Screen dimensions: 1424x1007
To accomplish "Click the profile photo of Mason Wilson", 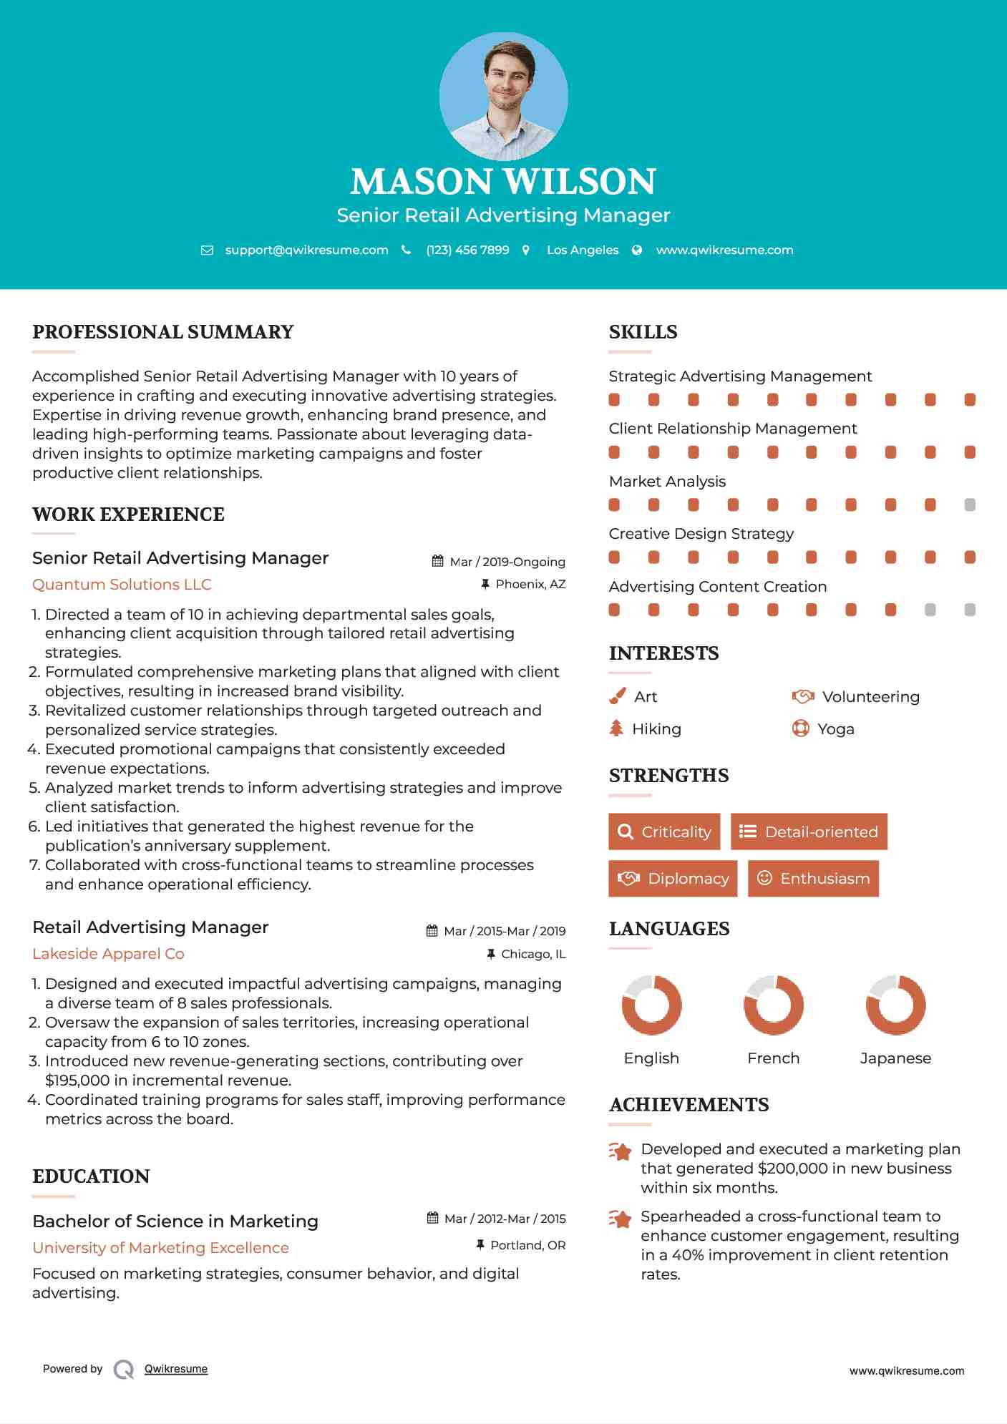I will pyautogui.click(x=503, y=96).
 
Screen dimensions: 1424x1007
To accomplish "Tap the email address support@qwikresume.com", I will pyautogui.click(x=306, y=250).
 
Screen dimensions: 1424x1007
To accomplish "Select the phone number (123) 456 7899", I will pyautogui.click(x=467, y=250).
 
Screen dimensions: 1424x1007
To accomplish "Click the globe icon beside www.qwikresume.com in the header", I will pyautogui.click(x=637, y=250).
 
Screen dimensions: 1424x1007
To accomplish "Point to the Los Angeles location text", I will pyautogui.click(x=583, y=250).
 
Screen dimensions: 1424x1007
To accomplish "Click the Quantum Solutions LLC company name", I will pyautogui.click(x=122, y=584).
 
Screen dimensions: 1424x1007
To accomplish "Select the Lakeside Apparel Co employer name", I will pyautogui.click(x=108, y=953).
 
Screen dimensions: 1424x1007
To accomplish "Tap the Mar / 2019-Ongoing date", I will pyautogui.click(x=507, y=562).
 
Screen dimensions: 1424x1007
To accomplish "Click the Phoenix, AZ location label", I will pyautogui.click(x=530, y=584).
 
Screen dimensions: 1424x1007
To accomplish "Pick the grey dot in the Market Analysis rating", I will pyautogui.click(x=970, y=504).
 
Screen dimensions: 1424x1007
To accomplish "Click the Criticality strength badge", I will pyautogui.click(x=664, y=832).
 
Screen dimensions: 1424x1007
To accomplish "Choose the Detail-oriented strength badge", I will pyautogui.click(x=809, y=832).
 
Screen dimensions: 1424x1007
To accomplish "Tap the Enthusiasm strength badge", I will pyautogui.click(x=813, y=878).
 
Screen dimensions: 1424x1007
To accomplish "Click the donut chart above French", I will pyautogui.click(x=774, y=1005).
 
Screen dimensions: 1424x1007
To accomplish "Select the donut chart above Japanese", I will pyautogui.click(x=895, y=1005).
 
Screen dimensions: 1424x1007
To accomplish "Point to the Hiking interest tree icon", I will pyautogui.click(x=616, y=728).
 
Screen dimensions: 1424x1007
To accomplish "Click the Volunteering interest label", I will pyautogui.click(x=870, y=696).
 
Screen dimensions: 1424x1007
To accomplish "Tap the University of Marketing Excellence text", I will pyautogui.click(x=160, y=1247).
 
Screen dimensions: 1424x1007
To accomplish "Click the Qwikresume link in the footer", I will pyautogui.click(x=176, y=1368).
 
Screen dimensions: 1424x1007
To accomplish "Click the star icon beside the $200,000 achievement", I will pyautogui.click(x=621, y=1151).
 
